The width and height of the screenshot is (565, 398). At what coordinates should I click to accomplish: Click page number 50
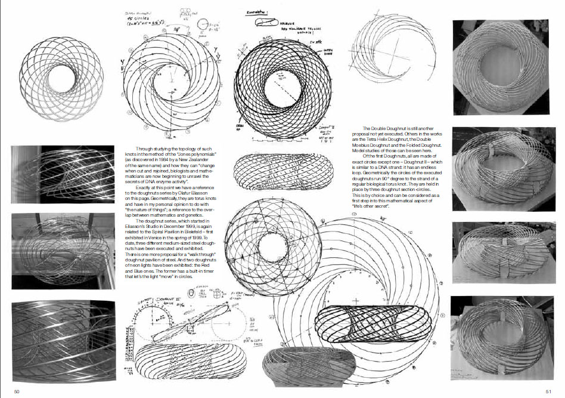click(17, 391)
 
